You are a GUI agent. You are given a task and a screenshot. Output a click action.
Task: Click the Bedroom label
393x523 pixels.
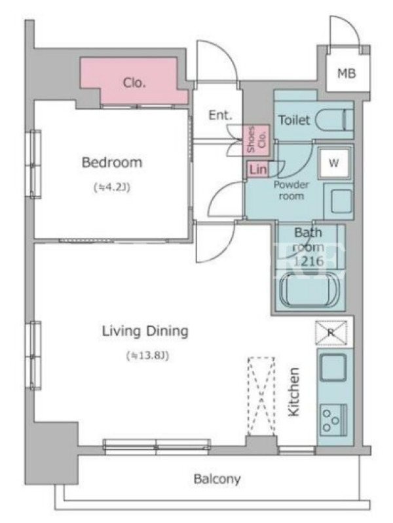pos(112,162)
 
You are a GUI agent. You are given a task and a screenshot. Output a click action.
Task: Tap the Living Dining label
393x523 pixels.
pos(145,331)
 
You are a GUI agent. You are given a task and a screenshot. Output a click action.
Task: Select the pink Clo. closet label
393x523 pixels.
pos(134,82)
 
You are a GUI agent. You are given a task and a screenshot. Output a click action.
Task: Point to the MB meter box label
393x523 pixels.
pos(346,73)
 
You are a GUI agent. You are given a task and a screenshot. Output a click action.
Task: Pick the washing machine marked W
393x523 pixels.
pos(333,163)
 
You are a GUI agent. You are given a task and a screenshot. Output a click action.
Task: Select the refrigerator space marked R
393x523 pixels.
pos(331,332)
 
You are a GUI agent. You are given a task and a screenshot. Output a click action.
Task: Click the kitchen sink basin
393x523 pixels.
pos(333,367)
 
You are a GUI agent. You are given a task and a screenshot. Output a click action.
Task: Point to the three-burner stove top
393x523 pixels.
pos(333,420)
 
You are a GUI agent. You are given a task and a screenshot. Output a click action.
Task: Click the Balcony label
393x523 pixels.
pos(217,479)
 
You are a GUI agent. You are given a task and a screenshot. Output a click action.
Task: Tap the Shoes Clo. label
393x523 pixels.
pos(255,139)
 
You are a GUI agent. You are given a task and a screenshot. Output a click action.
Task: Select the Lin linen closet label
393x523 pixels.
pos(257,170)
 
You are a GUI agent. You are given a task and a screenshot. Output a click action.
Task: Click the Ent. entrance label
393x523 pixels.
pos(220,116)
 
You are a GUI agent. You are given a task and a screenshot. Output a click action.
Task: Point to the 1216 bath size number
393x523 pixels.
pos(309,261)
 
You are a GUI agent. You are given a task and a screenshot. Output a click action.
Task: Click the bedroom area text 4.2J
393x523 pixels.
pos(112,188)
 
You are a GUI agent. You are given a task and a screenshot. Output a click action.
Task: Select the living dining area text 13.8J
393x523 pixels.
pos(147,356)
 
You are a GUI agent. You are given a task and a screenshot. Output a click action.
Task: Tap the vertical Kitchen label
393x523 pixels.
pos(293,392)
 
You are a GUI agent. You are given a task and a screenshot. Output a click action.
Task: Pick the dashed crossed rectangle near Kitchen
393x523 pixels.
pos(261,396)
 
